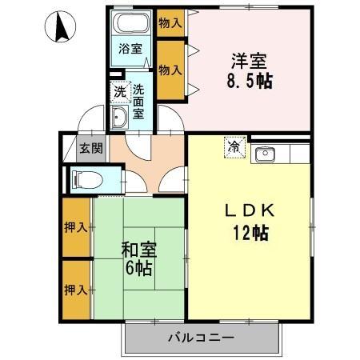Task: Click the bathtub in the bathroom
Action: [x=131, y=23]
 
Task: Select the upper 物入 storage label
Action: [x=170, y=22]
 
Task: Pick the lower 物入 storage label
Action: [x=170, y=70]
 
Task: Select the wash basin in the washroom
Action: [x=119, y=119]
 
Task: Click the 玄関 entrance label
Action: [x=90, y=148]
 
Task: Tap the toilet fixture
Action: [x=85, y=177]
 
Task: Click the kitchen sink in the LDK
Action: [x=264, y=153]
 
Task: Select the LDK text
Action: [x=249, y=212]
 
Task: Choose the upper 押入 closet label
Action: [x=76, y=227]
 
